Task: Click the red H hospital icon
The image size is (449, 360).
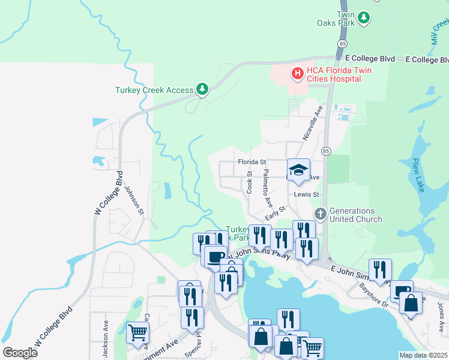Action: coord(297,74)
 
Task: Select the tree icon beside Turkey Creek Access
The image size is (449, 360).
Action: coord(202,90)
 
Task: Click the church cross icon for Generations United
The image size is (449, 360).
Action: coord(321,214)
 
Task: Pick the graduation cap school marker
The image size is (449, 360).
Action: coord(298,170)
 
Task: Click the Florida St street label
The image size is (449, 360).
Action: coord(252,162)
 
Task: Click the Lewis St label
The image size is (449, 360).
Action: coord(305,194)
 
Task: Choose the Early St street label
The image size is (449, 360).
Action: coord(275,212)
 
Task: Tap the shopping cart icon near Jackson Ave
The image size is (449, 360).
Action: coord(137,331)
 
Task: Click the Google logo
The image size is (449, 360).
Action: coord(20,352)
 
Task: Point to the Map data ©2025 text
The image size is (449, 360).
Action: coord(423,355)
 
